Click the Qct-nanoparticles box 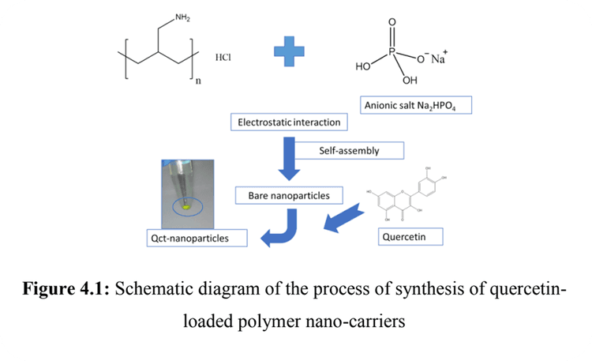pos(195,236)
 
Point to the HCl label pos(226,57)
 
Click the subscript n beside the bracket pos(197,81)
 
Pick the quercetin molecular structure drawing pos(403,190)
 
